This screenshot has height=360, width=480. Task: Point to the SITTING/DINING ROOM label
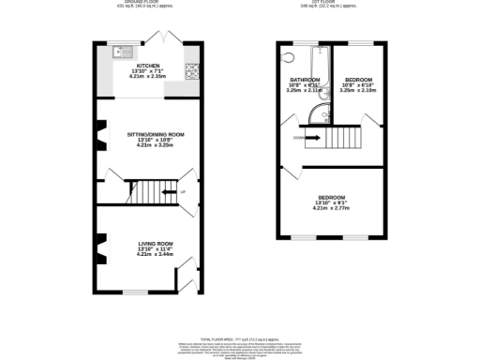[156, 134]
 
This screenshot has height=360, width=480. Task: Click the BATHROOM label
[305, 80]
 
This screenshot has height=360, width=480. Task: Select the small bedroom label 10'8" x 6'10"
[359, 85]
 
